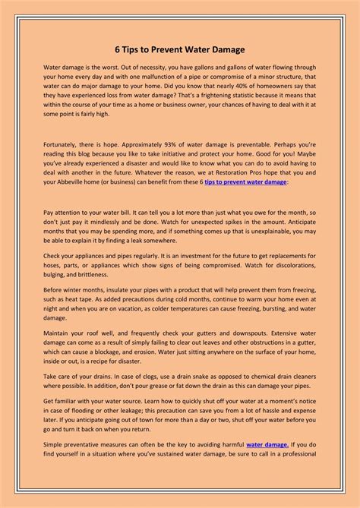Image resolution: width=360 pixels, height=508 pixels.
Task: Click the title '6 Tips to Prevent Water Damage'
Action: [x=180, y=50]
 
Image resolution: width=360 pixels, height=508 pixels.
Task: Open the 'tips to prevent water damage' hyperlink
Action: [x=245, y=182]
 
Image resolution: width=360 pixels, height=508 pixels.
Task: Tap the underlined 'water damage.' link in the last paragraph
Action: [x=267, y=444]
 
